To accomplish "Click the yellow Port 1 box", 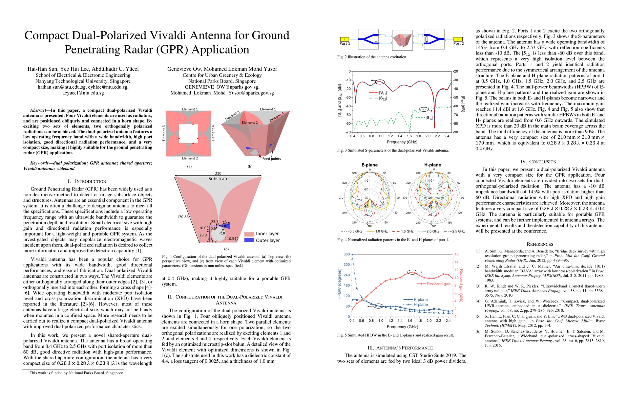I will tap(344, 39).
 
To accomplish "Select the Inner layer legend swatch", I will tap(249, 234).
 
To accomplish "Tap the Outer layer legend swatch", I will tap(249, 240).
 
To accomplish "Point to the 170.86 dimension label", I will tap(183, 217).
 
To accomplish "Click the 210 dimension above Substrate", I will tap(218, 173).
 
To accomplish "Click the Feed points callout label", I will tap(271, 159).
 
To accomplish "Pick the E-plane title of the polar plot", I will tap(370, 165).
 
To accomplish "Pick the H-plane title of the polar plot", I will tap(433, 165).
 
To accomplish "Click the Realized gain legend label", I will tap(439, 284).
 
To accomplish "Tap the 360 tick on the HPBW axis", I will tap(347, 254).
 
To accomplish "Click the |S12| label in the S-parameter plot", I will tap(429, 118).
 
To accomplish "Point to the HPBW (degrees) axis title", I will tap(339, 284).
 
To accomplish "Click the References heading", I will tap(540, 244).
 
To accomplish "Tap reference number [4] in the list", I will tap(478, 301).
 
